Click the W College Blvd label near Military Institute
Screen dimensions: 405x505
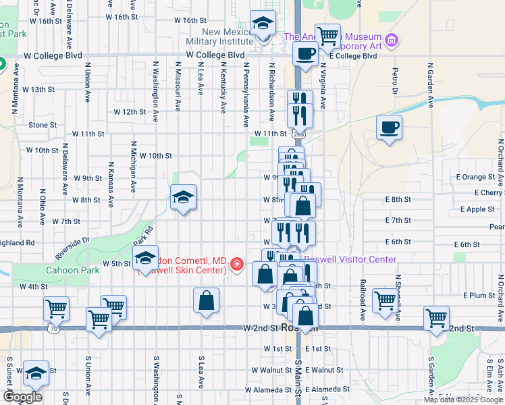tap(215, 55)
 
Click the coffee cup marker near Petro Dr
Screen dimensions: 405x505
tap(389, 126)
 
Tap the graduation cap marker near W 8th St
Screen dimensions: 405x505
tap(183, 198)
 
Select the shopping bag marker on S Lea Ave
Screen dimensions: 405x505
tap(207, 300)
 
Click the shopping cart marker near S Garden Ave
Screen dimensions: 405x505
tap(436, 317)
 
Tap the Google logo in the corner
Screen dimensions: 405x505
tap(23, 397)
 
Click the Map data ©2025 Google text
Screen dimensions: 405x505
tap(463, 400)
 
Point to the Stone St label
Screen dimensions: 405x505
tap(43, 125)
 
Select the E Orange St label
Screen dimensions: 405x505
tap(479, 177)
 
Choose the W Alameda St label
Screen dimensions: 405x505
tap(269, 389)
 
